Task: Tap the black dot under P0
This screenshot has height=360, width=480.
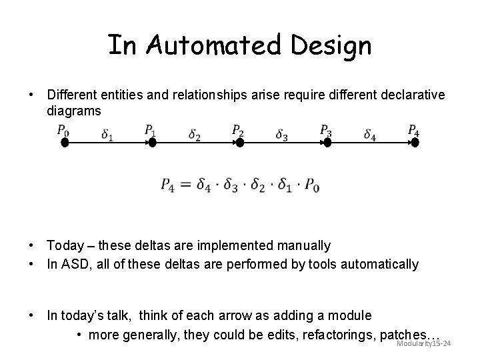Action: (x=65, y=141)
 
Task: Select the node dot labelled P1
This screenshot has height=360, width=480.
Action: (x=152, y=141)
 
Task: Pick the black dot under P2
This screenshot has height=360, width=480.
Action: (x=240, y=141)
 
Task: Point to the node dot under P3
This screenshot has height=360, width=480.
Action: (x=327, y=141)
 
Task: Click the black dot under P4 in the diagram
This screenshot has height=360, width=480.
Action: (x=415, y=141)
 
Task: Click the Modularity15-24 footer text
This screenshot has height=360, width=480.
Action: (x=424, y=343)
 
